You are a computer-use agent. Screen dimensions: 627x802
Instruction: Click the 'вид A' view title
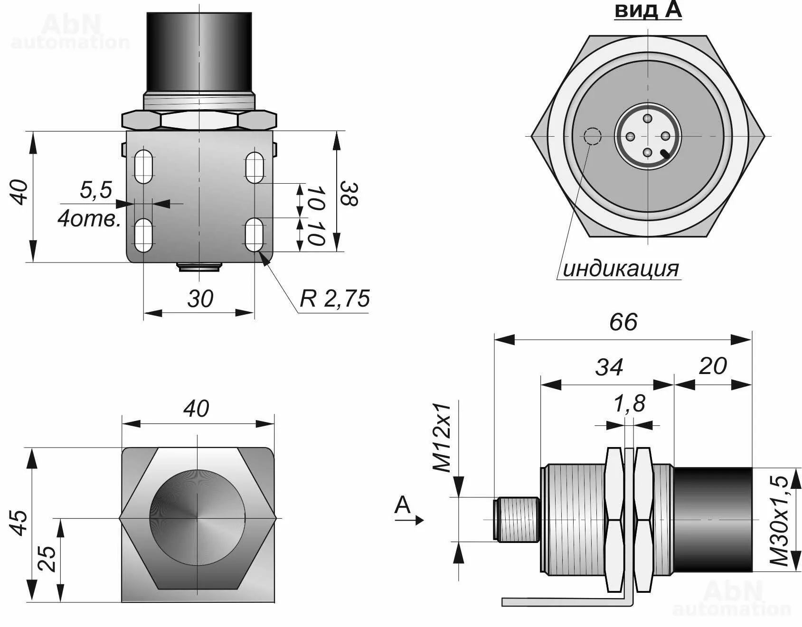click(648, 10)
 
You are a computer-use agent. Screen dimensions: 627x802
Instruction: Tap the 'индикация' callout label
click(621, 269)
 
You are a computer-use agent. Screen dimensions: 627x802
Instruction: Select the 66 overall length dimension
click(623, 323)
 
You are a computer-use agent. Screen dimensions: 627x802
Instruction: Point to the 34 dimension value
click(609, 367)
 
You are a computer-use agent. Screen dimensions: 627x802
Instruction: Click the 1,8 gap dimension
click(630, 404)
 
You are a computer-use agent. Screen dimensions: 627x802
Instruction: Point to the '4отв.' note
click(89, 219)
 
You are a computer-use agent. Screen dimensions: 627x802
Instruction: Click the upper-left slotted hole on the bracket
click(143, 167)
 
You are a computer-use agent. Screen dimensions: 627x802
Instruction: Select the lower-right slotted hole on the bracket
click(255, 234)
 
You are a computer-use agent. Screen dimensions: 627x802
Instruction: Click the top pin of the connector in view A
click(648, 119)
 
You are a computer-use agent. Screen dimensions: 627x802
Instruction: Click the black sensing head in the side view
click(712, 520)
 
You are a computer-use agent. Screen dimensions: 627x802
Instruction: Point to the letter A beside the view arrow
click(403, 505)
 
